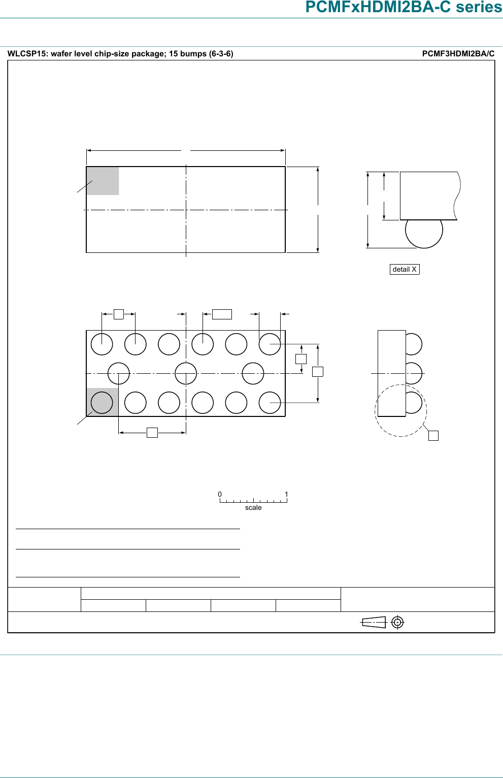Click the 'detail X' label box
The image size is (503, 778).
pyautogui.click(x=405, y=269)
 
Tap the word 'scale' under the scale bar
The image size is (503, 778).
pyautogui.click(x=253, y=507)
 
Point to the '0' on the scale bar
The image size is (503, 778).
pyautogui.click(x=220, y=494)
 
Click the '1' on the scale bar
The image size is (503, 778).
pyautogui.click(x=286, y=494)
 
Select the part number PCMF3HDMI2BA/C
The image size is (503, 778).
pyautogui.click(x=458, y=53)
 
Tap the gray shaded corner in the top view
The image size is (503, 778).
pyautogui.click(x=103, y=181)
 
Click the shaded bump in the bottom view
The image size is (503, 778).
pyautogui.click(x=102, y=403)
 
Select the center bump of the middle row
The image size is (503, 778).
pyautogui.click(x=186, y=373)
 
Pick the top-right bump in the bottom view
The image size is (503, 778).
pyautogui.click(x=270, y=344)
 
